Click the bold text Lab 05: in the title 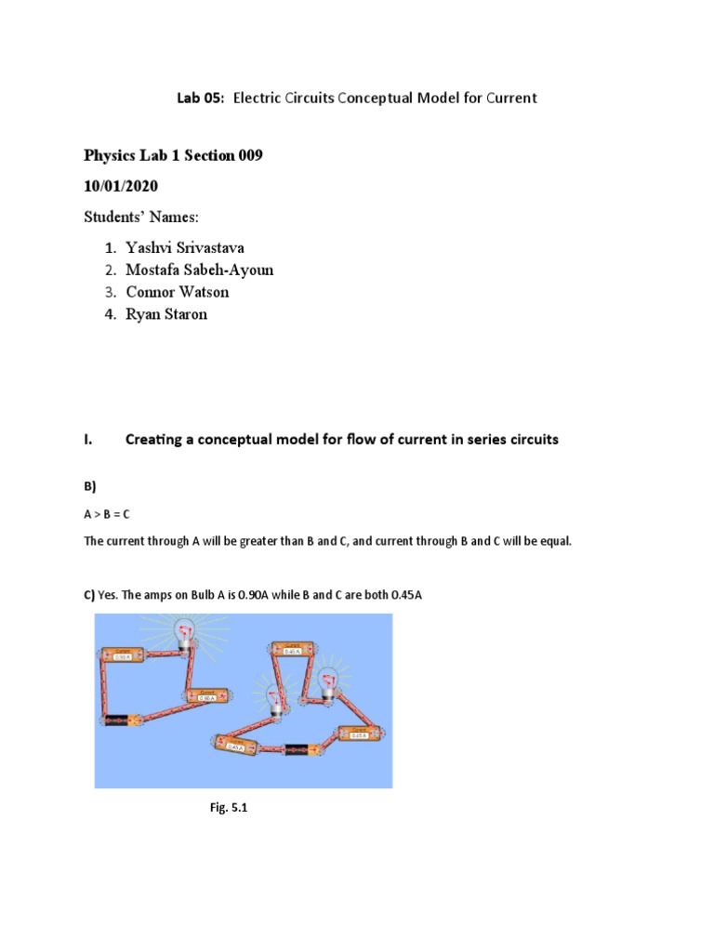[203, 98]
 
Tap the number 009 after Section [249, 156]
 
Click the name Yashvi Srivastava [192, 247]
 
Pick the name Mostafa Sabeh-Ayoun [200, 270]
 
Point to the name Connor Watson [177, 292]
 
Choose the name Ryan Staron [166, 314]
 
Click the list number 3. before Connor [110, 292]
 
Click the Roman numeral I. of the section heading [88, 440]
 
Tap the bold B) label [90, 486]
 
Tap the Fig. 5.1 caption [230, 808]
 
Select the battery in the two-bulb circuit [298, 748]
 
